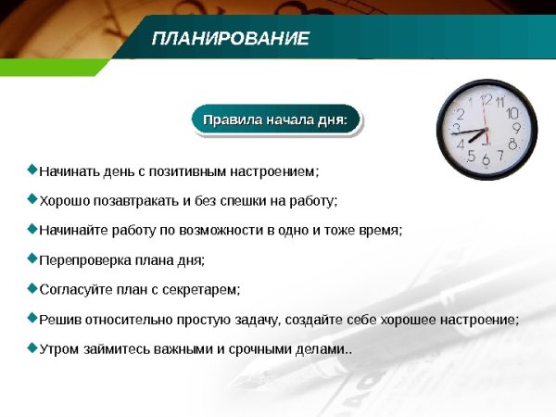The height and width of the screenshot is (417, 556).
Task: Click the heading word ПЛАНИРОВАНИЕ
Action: tap(230, 38)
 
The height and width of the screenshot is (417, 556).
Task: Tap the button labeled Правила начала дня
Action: tap(274, 120)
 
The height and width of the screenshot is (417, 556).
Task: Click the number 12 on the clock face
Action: tap(486, 99)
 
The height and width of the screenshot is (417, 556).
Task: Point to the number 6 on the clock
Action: tap(486, 160)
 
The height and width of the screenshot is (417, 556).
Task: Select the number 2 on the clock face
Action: tap(460, 114)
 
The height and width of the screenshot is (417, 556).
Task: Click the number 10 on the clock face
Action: tap(512, 113)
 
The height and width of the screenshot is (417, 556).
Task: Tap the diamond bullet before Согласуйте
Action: tap(33, 288)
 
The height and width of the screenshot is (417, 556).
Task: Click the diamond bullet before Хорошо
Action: tap(33, 199)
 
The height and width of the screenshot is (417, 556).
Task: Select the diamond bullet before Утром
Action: tap(33, 347)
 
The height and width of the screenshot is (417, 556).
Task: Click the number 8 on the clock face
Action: tap(512, 144)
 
